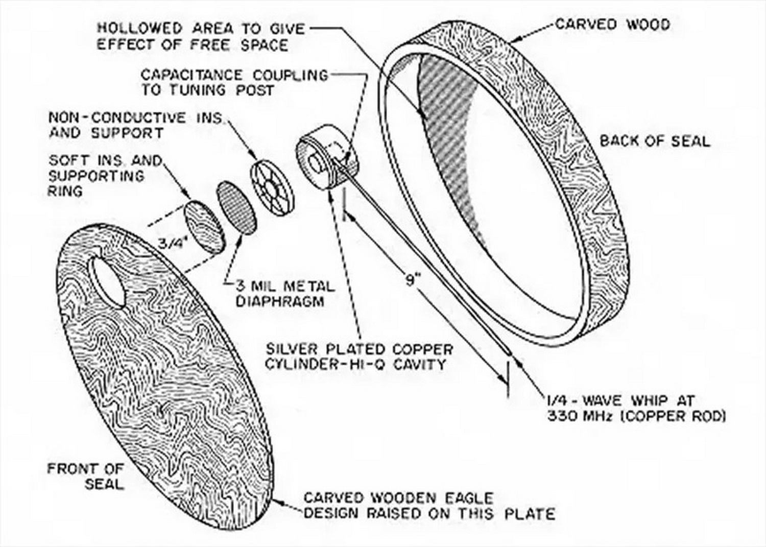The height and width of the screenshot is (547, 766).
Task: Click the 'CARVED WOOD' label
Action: [612, 24]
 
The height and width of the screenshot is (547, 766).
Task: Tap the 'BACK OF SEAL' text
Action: [655, 140]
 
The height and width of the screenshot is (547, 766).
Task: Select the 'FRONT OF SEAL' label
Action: [86, 475]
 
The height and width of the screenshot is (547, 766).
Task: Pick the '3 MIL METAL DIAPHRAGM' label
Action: [280, 293]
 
